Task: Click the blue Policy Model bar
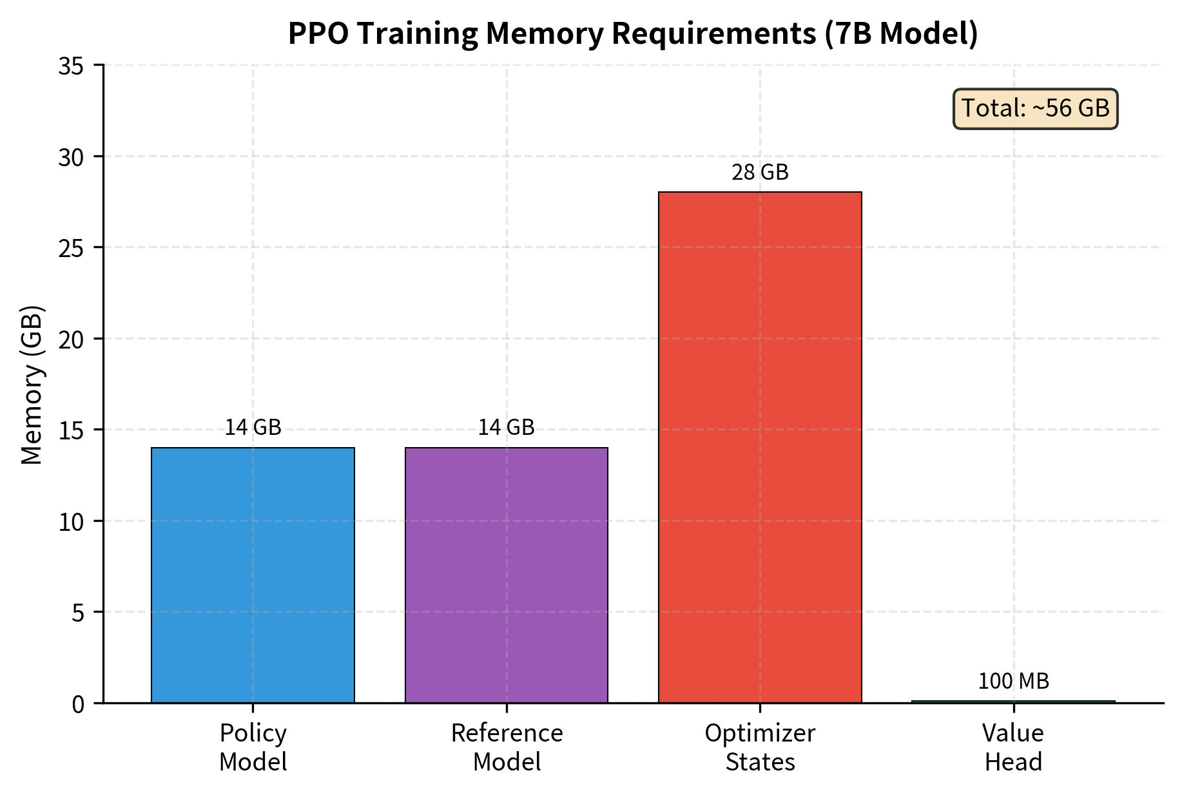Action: point(253,575)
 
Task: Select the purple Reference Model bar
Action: point(506,575)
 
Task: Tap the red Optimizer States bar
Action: point(760,447)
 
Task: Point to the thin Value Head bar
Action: point(1013,702)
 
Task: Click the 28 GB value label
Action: point(760,173)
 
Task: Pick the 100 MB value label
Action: point(1013,681)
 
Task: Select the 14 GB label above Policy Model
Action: point(253,428)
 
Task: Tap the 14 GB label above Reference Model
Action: point(506,428)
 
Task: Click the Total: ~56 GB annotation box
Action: point(1035,108)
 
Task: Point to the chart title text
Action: point(633,34)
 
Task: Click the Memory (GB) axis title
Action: point(32,385)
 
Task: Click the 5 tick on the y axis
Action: point(77,613)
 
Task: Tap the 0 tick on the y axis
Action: point(77,704)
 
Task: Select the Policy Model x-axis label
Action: point(253,747)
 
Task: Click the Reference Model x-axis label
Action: point(507,747)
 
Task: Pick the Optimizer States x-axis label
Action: point(760,747)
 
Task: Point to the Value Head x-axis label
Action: point(1013,747)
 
